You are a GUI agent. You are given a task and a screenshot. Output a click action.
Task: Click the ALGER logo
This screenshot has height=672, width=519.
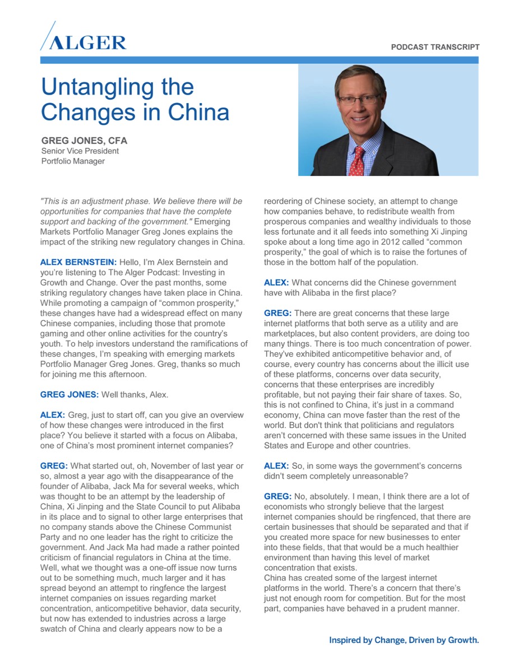84,39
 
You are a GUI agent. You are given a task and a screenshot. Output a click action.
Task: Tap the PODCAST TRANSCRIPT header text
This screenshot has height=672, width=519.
435,48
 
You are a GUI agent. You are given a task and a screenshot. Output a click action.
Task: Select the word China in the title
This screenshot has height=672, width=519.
199,111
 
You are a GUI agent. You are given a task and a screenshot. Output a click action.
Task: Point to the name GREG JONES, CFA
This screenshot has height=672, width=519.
85,141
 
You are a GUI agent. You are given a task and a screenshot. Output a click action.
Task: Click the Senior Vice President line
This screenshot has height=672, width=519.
80,151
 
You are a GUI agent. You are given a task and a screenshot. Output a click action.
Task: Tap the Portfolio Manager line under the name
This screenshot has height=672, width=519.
73,161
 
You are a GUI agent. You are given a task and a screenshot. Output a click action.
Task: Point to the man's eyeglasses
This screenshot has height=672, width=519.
358,100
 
